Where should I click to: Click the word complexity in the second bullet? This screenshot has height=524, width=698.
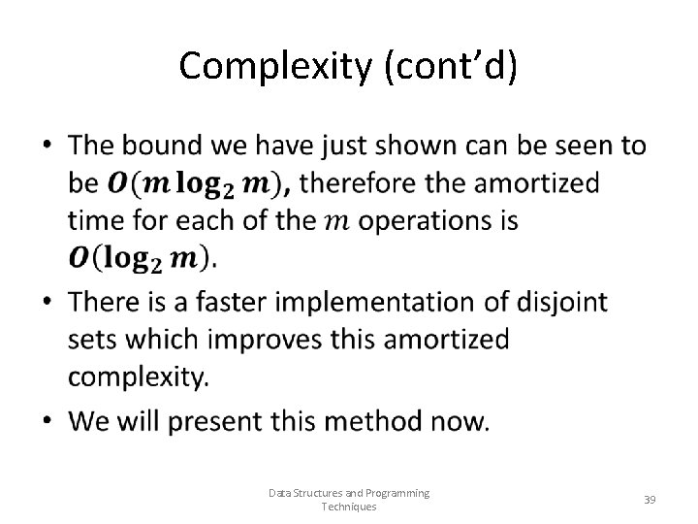(138, 377)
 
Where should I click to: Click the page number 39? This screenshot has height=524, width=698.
(650, 499)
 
